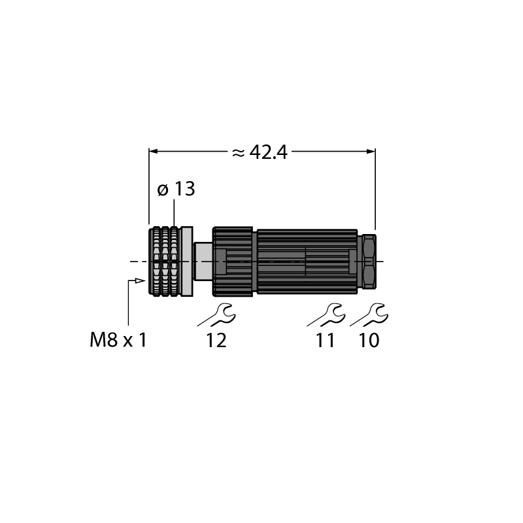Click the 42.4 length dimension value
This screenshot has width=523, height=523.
point(268,153)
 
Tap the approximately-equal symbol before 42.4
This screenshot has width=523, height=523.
point(238,153)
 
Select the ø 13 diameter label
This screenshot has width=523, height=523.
point(176,189)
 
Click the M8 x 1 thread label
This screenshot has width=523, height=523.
point(118,341)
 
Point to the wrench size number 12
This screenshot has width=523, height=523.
point(216,341)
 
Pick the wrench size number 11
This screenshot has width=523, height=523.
point(325,341)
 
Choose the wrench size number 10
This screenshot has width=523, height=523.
point(369,341)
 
